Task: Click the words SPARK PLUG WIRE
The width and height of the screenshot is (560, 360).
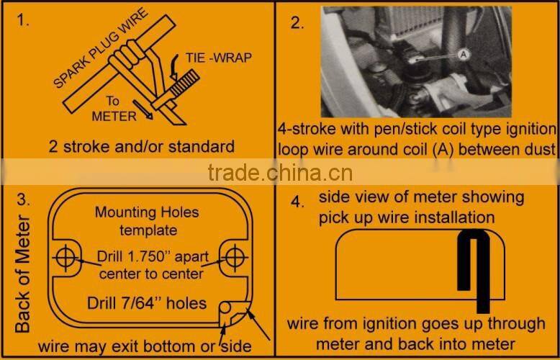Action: tap(100, 48)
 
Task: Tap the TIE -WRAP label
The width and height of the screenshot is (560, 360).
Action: tap(219, 58)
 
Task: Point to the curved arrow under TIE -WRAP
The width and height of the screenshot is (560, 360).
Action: tap(174, 68)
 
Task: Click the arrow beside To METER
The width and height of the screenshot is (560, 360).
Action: tap(143, 109)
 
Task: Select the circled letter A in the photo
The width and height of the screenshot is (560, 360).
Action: tap(464, 55)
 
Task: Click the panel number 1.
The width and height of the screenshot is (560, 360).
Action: tap(23, 20)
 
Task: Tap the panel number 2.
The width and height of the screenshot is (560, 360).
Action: tap(297, 23)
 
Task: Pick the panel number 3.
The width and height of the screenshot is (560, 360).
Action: tap(24, 199)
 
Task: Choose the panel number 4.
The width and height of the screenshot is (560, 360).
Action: tap(297, 202)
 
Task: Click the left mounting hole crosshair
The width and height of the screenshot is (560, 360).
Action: tap(66, 258)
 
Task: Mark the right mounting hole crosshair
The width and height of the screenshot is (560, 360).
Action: tap(235, 258)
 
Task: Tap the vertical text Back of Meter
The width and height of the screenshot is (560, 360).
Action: tap(23, 274)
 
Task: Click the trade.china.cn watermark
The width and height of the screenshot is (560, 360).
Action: tap(280, 174)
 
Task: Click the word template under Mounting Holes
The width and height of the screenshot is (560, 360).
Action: tap(148, 230)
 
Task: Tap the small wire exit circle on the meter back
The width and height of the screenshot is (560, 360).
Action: tap(225, 307)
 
